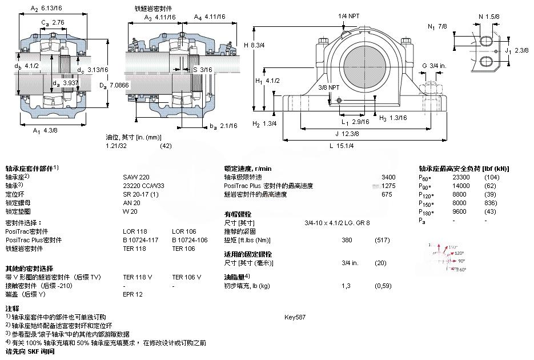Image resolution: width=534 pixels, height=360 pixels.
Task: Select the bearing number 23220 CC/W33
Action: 143,186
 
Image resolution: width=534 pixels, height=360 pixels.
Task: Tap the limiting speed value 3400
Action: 388,177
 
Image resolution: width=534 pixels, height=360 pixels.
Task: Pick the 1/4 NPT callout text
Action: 350,16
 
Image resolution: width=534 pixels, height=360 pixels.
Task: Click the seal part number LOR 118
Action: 135,231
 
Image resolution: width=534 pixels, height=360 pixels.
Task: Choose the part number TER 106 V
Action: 186,277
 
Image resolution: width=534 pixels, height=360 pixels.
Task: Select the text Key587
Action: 295,317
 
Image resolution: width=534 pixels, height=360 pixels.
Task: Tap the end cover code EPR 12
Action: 133,294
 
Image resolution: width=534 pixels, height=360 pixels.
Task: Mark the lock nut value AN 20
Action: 131,203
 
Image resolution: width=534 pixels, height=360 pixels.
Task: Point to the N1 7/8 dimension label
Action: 439,26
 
